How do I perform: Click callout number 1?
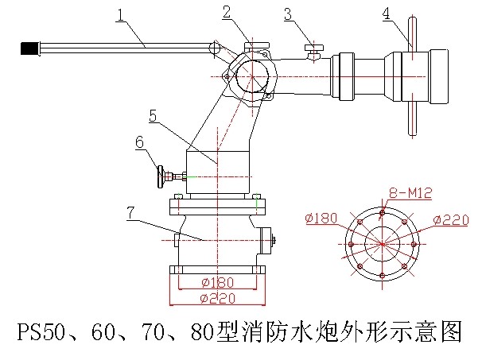tap(120, 14)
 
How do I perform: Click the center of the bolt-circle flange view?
tap(382, 243)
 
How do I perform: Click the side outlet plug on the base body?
tap(268, 238)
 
